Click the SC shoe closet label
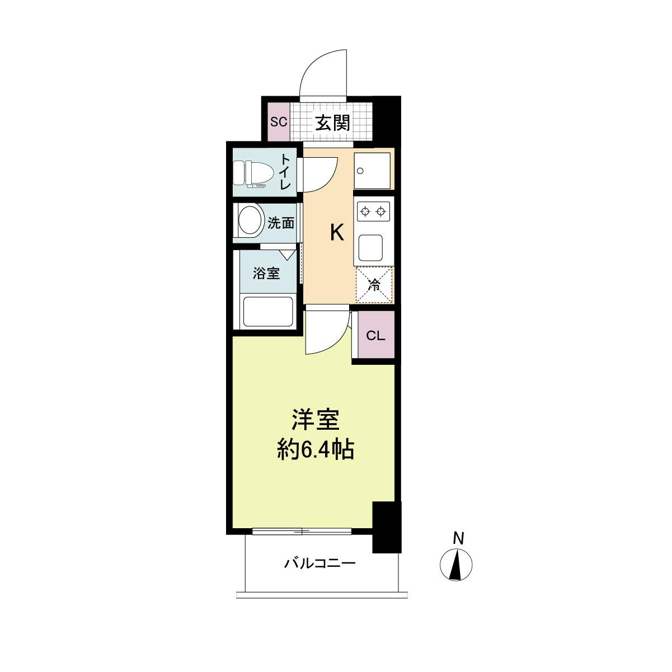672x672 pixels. pyautogui.click(x=279, y=122)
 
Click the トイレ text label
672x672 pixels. pyautogui.click(x=285, y=172)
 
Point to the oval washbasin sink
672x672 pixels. pyautogui.click(x=250, y=221)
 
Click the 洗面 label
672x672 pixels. pyautogui.click(x=281, y=223)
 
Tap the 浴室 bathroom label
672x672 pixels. pyautogui.click(x=266, y=274)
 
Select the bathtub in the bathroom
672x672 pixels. pyautogui.click(x=268, y=312)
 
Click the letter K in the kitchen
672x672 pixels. pyautogui.click(x=337, y=233)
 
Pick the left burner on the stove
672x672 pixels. pyautogui.click(x=365, y=212)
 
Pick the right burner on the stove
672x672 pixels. pyautogui.click(x=381, y=212)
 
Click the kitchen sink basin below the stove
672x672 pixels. pyautogui.click(x=370, y=248)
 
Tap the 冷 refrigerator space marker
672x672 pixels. pyautogui.click(x=374, y=285)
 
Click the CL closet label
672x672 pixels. pyautogui.click(x=375, y=336)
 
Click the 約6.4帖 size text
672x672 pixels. pyautogui.click(x=316, y=450)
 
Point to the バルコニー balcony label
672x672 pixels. pyautogui.click(x=320, y=562)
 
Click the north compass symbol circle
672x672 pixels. pyautogui.click(x=456, y=564)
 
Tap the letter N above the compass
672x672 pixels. pyautogui.click(x=458, y=538)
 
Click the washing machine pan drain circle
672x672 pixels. pyautogui.click(x=360, y=171)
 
